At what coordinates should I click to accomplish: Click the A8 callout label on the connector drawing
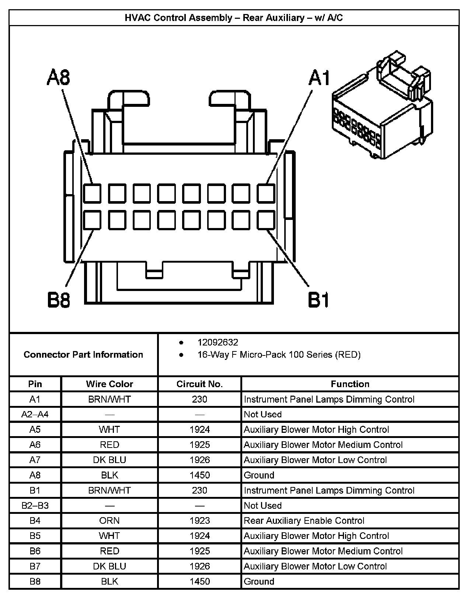[59, 78]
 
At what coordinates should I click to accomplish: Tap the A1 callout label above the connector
[319, 78]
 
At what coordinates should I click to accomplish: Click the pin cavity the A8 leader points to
[92, 193]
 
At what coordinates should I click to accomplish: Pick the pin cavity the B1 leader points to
[266, 220]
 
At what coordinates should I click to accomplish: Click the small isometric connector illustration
[382, 107]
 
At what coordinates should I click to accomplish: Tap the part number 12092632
[218, 343]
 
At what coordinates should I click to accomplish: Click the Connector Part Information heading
[83, 355]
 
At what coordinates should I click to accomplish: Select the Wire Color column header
[109, 384]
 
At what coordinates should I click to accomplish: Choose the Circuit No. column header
[199, 384]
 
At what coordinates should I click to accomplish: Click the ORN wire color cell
[109, 521]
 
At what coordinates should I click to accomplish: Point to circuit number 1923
[199, 521]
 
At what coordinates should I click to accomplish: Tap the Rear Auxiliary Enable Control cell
[304, 521]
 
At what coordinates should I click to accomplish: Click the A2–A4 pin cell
[35, 414]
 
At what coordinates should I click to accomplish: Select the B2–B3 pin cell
[35, 505]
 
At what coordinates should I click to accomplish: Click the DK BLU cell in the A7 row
[109, 460]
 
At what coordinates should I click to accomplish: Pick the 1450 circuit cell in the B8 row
[199, 582]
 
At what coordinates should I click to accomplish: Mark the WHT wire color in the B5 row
[109, 536]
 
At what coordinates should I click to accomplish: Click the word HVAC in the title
[138, 18]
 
